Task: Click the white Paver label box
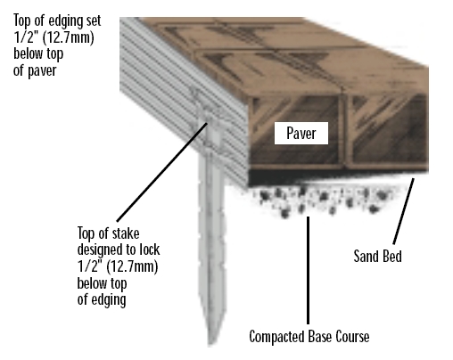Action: pos(301,133)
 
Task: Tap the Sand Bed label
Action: pos(377,256)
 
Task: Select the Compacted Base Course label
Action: pos(309,337)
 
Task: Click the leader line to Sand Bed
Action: pos(403,211)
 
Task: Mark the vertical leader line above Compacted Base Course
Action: pos(308,270)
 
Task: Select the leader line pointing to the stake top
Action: pos(161,172)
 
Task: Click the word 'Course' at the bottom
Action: pos(352,337)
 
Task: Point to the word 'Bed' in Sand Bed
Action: pos(391,256)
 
